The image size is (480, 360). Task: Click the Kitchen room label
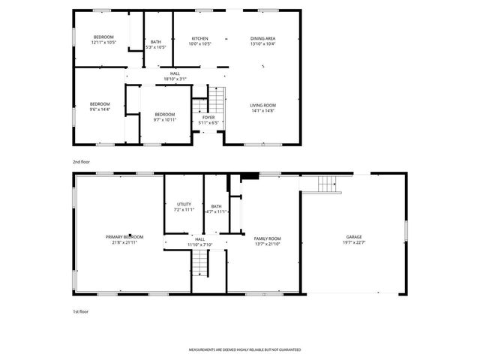[x=199, y=38]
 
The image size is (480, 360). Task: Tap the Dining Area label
[x=262, y=38]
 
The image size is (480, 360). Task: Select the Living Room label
[x=263, y=105]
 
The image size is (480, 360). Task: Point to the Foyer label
[x=208, y=118]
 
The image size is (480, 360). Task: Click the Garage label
[x=354, y=237]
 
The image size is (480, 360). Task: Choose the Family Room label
[x=267, y=238]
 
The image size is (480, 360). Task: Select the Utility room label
[x=184, y=204]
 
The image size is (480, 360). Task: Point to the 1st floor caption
[x=80, y=310]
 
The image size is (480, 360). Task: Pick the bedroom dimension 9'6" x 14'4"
[x=100, y=109]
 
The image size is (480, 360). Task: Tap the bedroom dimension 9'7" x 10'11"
[x=164, y=120]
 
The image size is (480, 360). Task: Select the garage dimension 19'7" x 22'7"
[x=354, y=242]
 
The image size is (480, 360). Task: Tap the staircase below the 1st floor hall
[x=199, y=262]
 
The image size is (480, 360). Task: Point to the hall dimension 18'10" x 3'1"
[x=175, y=79]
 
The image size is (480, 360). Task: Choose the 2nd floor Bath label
[x=156, y=42]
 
